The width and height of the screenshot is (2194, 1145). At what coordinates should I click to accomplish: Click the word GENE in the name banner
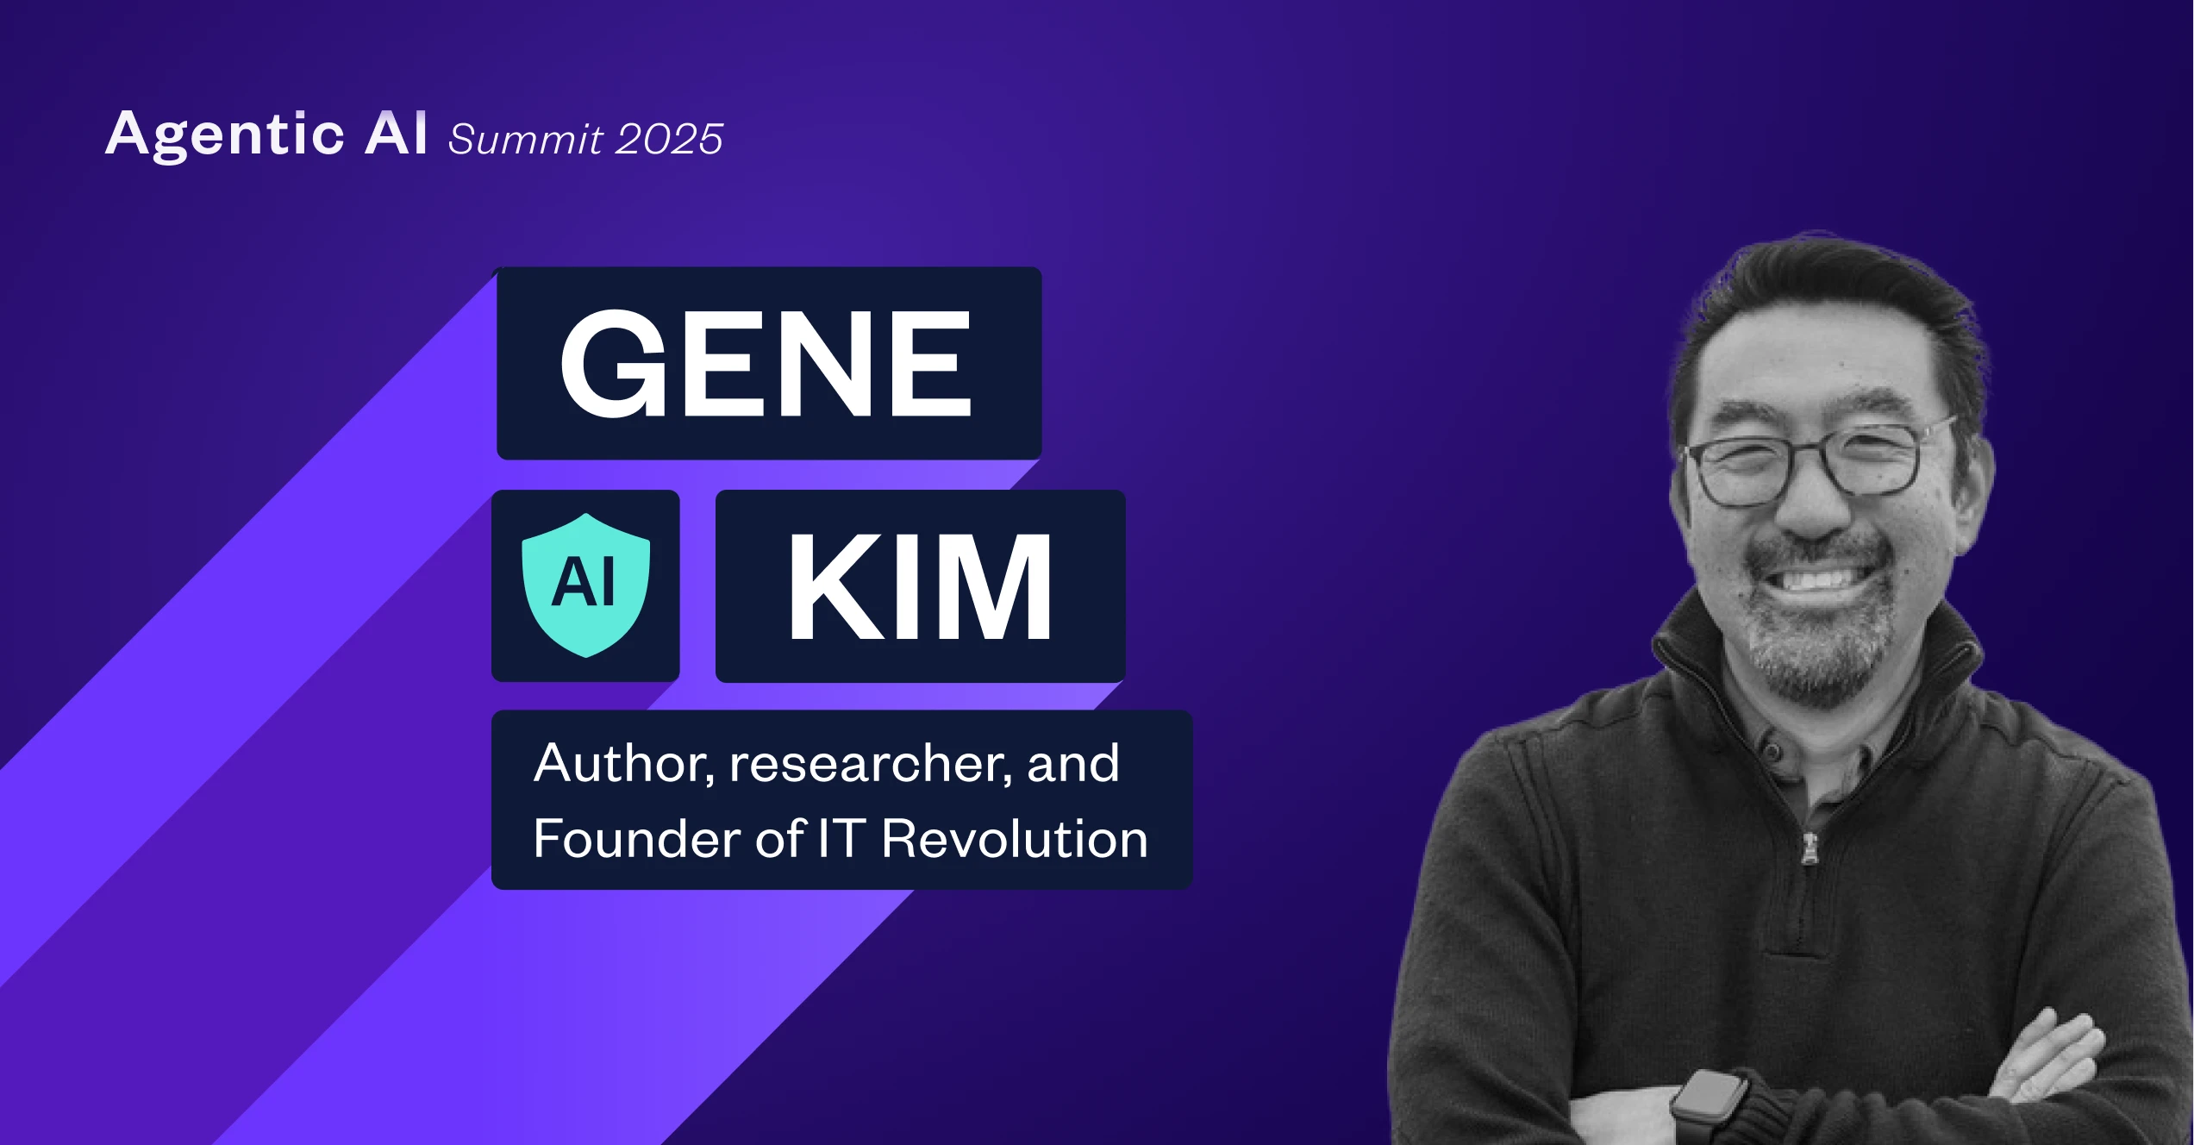pyautogui.click(x=766, y=363)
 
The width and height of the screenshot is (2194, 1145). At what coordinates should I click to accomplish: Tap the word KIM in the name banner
pyautogui.click(x=920, y=587)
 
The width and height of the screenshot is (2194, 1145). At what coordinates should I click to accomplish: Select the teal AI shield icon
pyautogui.click(x=586, y=585)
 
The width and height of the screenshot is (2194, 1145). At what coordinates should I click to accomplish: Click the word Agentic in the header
pyautogui.click(x=225, y=135)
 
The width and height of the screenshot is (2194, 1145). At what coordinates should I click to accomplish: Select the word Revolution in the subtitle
pyautogui.click(x=1015, y=838)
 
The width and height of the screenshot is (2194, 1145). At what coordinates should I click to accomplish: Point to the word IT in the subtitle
pyautogui.click(x=841, y=838)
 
